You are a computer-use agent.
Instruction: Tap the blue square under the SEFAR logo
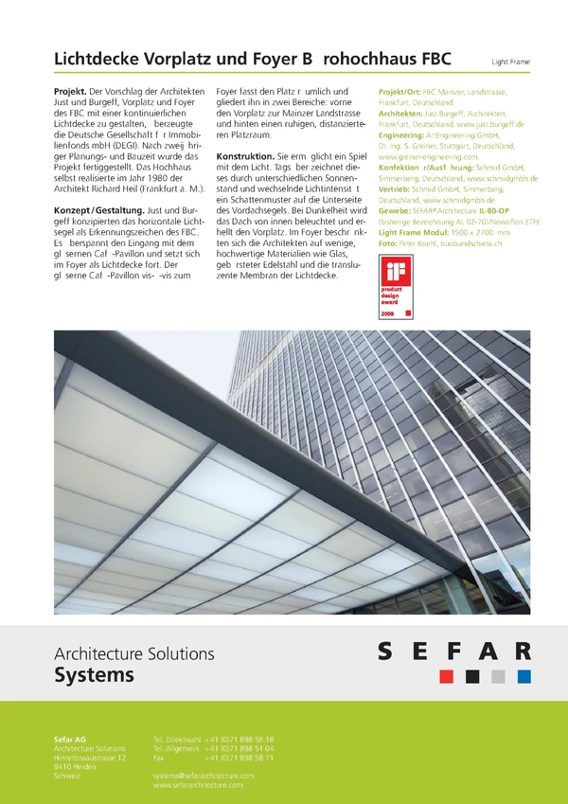(x=524, y=676)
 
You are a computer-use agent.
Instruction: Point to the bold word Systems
(x=94, y=675)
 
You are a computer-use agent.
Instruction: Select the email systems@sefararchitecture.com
(x=204, y=776)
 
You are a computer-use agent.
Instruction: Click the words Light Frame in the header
(x=510, y=63)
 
